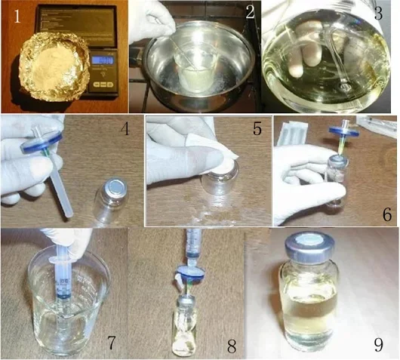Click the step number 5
[x=257, y=130]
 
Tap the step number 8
[x=232, y=346]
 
